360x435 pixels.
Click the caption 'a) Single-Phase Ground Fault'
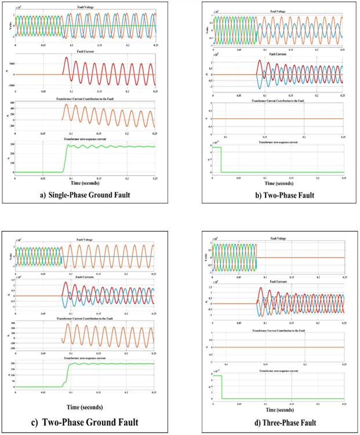click(85, 195)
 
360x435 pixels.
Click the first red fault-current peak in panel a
click(66, 58)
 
